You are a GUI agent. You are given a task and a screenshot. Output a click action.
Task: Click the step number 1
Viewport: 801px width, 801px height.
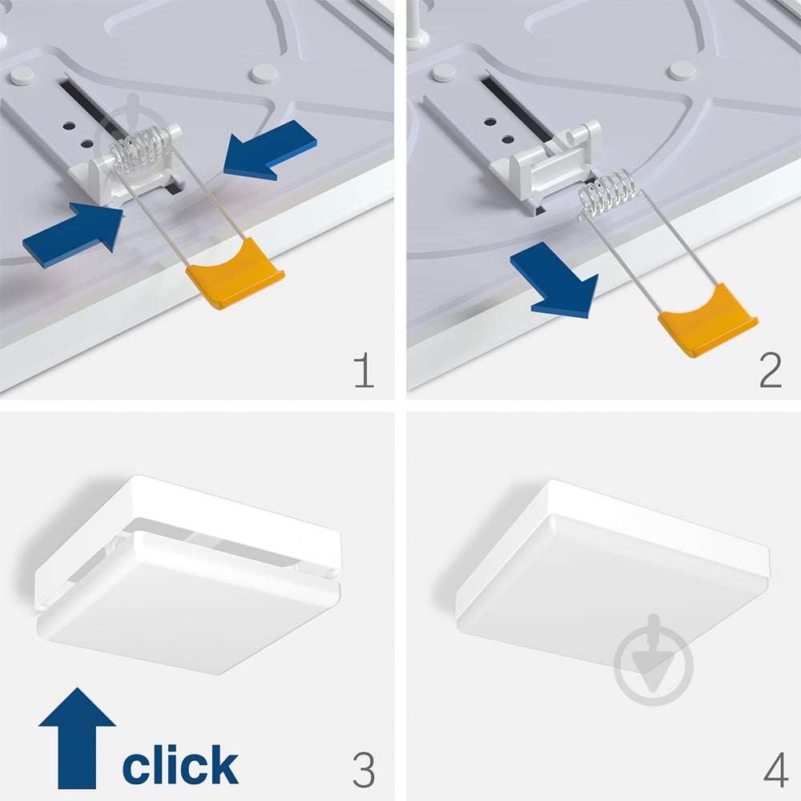click(364, 371)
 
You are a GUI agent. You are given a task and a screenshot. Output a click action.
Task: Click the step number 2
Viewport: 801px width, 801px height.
click(771, 371)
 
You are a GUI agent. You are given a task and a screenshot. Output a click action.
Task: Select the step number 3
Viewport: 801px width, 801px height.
click(364, 769)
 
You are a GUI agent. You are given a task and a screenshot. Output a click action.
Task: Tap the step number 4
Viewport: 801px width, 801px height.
click(775, 770)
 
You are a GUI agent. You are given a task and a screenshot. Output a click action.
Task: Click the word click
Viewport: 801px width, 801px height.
click(180, 764)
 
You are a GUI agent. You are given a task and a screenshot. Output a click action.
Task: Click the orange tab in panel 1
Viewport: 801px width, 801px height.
click(235, 273)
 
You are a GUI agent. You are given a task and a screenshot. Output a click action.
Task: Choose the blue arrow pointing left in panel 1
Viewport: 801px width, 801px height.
click(270, 150)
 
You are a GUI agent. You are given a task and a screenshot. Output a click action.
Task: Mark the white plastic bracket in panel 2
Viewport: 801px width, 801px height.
click(546, 163)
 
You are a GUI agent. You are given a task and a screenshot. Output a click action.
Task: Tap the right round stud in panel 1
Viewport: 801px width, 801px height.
click(264, 74)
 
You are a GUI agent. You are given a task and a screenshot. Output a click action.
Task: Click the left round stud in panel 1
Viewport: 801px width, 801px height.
click(22, 74)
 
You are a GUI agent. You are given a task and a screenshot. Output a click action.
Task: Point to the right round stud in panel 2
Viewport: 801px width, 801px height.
click(682, 70)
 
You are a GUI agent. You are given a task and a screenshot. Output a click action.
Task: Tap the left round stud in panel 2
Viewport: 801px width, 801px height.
click(444, 73)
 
